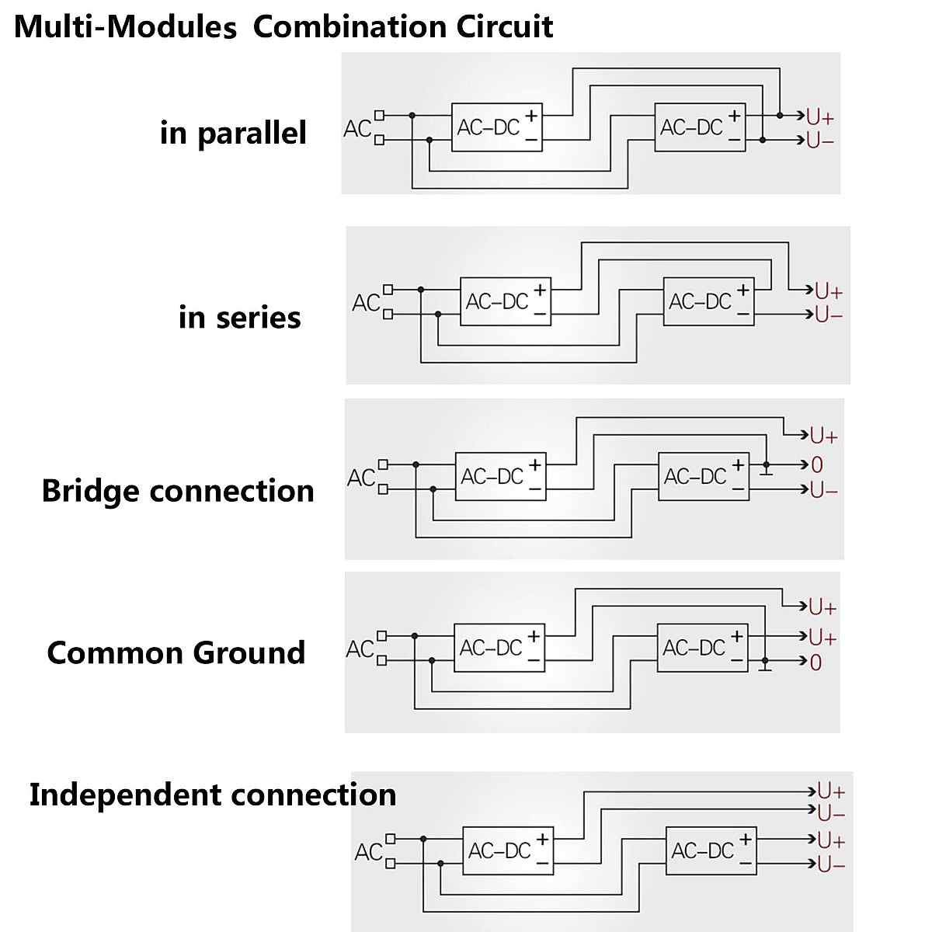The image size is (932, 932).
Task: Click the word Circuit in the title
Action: pos(504,26)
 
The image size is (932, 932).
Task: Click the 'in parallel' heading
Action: pos(233,133)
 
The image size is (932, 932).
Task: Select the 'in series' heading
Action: pos(239,317)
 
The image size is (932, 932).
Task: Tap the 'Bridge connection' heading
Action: pos(178,491)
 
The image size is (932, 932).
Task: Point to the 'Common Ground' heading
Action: pos(176,652)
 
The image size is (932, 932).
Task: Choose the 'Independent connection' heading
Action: pos(213,795)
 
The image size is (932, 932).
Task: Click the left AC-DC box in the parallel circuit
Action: pos(497,127)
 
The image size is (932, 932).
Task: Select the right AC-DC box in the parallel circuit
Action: pos(700,127)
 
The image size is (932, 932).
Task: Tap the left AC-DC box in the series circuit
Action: pos(506,301)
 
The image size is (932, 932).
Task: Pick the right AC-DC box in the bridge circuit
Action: pos(704,476)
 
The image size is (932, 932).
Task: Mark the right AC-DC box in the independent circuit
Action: pos(711,851)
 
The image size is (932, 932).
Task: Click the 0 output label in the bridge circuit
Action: pos(816,465)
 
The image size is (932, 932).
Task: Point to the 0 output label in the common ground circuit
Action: pos(815,662)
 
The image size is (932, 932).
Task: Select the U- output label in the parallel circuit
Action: pos(820,141)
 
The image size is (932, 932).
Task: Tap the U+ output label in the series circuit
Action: pos(829,292)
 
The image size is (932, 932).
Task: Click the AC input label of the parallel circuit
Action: pos(357,128)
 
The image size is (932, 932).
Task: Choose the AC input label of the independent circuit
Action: pos(368,852)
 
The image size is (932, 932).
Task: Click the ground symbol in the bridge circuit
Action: pos(767,471)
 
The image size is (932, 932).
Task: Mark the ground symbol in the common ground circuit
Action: pos(765,666)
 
